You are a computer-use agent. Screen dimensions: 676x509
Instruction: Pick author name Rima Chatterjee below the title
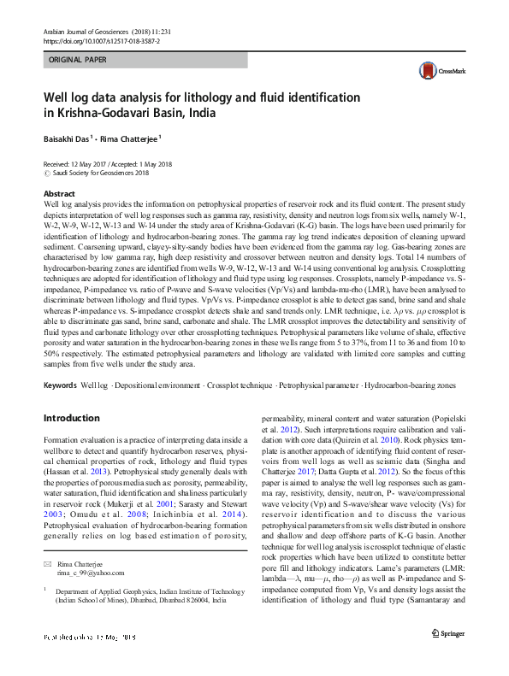[x=129, y=137]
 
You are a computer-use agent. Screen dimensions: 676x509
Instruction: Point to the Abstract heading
[x=59, y=195]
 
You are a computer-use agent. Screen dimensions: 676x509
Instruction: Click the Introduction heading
[x=71, y=419]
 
